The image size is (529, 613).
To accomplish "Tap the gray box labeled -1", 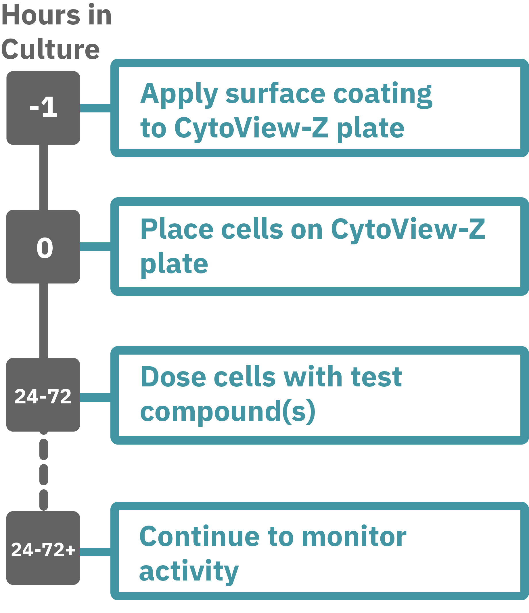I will point(43,108).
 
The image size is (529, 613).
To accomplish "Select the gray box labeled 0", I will point(43,247).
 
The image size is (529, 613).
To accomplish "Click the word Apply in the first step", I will point(179,94).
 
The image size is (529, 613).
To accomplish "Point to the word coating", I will point(383,94).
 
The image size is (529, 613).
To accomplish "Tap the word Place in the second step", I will point(177,229).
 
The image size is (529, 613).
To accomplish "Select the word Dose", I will point(173,377).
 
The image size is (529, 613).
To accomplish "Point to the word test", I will point(376,377).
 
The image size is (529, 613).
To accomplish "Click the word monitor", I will point(354,537).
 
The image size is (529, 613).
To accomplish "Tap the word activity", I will point(189,571).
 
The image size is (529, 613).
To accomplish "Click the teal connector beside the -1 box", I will point(95,108).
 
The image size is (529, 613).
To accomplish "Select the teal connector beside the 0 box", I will point(95,246).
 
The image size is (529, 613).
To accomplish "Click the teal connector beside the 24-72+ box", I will point(95,552).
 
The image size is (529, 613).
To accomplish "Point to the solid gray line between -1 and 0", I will point(44,177).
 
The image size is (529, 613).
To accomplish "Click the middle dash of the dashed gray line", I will point(44,474).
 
